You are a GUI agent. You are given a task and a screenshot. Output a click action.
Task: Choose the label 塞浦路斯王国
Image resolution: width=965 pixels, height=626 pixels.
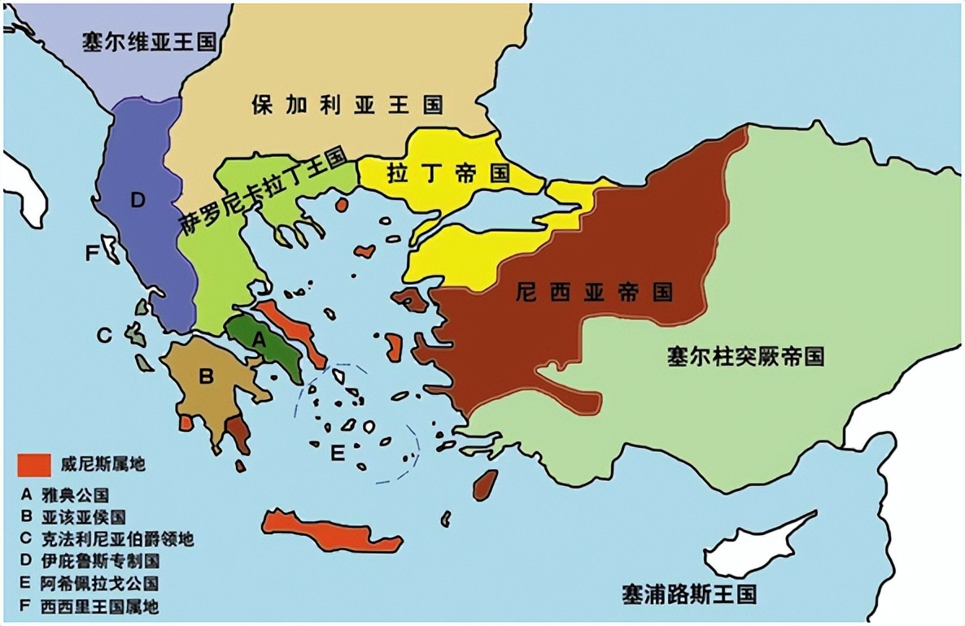click(x=688, y=593)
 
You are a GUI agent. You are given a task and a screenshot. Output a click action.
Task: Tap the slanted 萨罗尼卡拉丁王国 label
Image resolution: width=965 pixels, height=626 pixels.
click(x=263, y=192)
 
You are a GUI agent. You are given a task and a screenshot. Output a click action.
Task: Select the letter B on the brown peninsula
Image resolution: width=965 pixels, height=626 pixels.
click(x=206, y=376)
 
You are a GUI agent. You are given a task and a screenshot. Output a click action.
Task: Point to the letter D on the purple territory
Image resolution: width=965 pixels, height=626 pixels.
click(x=137, y=200)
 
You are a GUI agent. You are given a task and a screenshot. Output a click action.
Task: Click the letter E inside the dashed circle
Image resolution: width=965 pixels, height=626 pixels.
click(x=338, y=453)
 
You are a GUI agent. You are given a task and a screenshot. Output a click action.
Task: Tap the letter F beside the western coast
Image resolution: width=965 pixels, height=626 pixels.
click(x=92, y=254)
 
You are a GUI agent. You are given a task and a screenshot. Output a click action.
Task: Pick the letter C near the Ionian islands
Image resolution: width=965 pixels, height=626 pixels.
click(x=103, y=334)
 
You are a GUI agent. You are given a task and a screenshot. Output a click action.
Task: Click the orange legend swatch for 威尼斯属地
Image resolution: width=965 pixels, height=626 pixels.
click(x=36, y=466)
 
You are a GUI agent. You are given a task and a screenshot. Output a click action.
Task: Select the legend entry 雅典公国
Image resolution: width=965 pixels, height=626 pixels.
click(x=81, y=494)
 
